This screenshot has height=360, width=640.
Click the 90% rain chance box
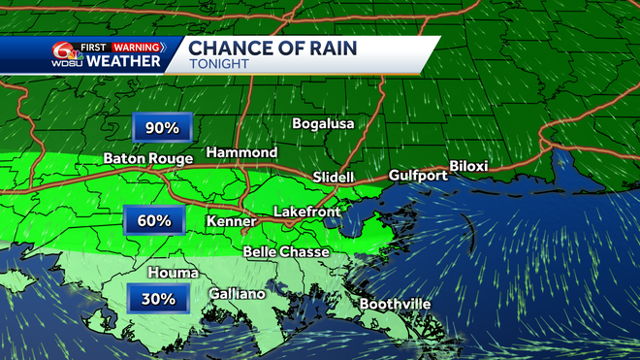163,127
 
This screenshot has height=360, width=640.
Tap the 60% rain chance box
153,221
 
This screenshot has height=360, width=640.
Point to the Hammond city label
241,153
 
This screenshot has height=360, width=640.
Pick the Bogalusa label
324,124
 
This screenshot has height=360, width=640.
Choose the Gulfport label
417,175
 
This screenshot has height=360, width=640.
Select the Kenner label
231,222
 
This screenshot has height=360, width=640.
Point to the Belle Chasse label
285,251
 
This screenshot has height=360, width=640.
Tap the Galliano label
238,293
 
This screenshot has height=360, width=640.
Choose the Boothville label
396,304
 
